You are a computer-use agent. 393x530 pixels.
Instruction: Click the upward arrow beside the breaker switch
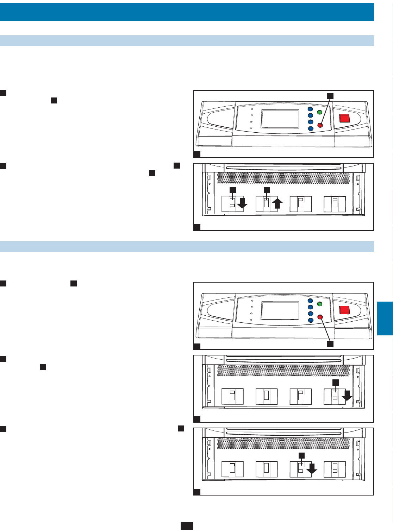277,203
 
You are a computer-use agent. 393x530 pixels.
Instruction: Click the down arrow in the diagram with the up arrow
242,203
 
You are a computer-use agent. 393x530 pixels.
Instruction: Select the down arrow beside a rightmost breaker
347,395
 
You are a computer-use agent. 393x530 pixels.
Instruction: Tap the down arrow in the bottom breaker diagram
312,468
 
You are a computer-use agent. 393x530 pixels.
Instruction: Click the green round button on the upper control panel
320,112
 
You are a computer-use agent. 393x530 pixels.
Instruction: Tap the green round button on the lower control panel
320,304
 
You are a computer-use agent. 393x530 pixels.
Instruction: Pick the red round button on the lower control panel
320,317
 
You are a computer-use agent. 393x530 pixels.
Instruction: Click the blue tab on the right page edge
385,318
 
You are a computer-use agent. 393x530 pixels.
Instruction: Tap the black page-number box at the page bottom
187,526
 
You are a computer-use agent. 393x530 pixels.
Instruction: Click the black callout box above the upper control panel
330,96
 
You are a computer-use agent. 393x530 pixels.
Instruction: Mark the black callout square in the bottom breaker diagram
301,455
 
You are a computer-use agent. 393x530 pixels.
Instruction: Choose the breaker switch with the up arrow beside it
267,204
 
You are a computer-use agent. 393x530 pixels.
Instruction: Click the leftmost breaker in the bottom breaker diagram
232,469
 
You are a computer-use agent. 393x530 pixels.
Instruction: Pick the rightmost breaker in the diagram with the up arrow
335,204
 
